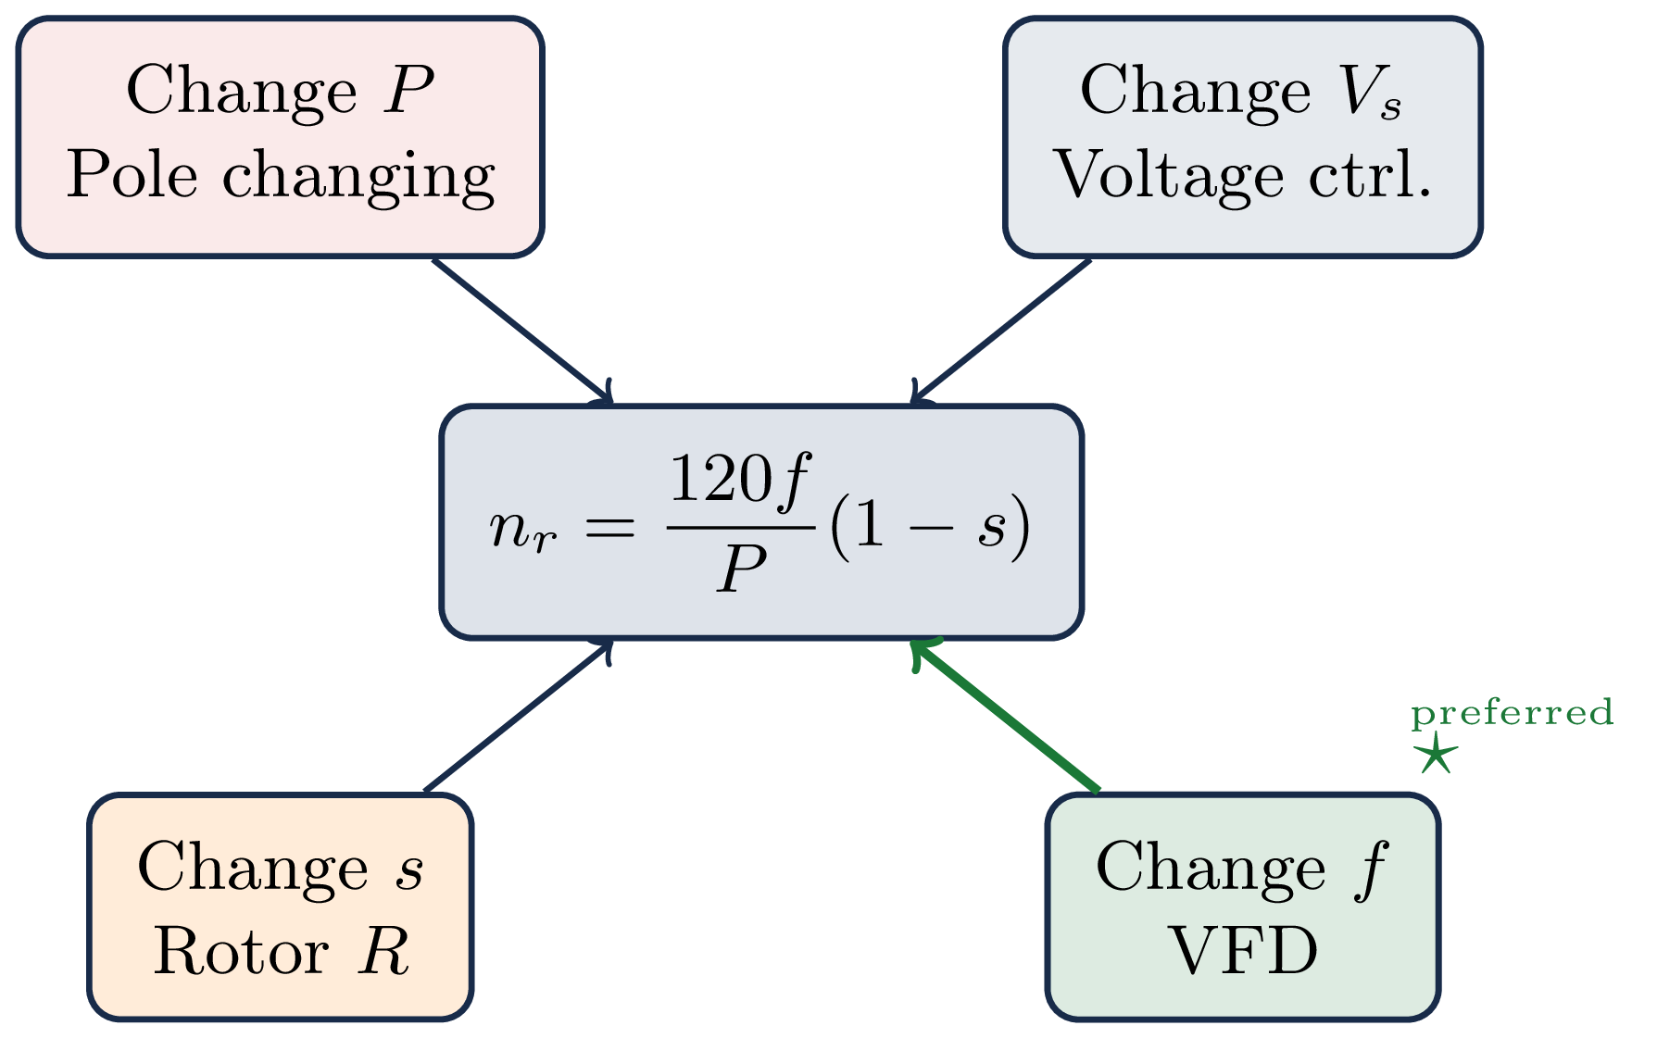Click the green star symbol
click(x=1435, y=755)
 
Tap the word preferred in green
click(x=1512, y=713)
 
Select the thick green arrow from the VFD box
click(x=1006, y=716)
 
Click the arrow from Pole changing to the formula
click(x=521, y=331)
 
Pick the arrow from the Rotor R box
click(x=517, y=716)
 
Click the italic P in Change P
click(x=408, y=91)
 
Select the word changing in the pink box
click(x=358, y=176)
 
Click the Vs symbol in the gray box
click(x=1370, y=93)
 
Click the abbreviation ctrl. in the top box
click(x=1370, y=174)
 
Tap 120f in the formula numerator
click(x=739, y=479)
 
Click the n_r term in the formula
click(x=523, y=530)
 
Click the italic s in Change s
click(x=410, y=870)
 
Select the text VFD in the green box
click(x=1242, y=951)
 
